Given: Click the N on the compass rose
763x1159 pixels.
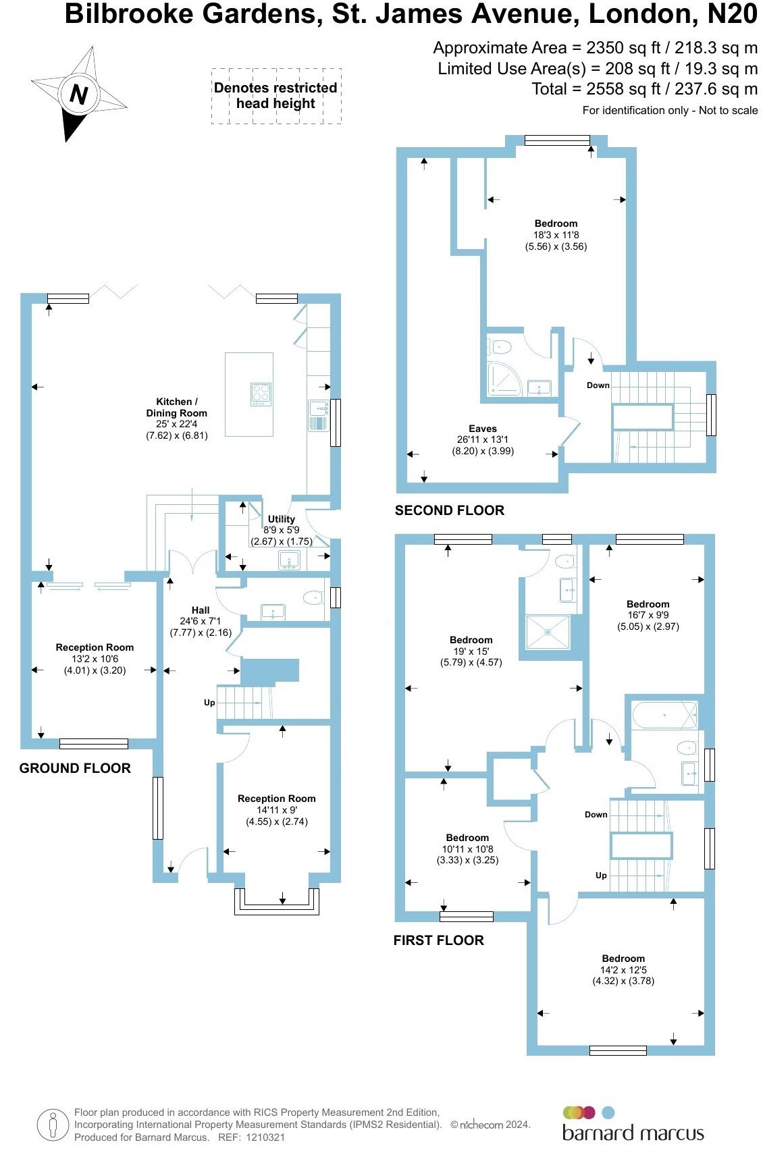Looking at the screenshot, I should (x=79, y=95).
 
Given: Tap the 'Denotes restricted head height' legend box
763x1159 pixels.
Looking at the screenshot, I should (x=275, y=96).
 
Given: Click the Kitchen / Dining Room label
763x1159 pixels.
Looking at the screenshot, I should (x=177, y=407).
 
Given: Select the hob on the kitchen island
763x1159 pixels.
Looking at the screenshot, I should (x=261, y=394).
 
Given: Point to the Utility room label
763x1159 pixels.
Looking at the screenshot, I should (x=282, y=519).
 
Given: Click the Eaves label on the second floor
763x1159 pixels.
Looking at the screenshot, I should (x=482, y=429).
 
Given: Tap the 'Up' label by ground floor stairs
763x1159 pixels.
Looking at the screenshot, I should (x=209, y=703).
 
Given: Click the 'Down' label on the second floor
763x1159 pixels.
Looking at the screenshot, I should (x=598, y=385).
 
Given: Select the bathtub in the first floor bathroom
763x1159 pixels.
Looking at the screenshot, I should (x=664, y=715).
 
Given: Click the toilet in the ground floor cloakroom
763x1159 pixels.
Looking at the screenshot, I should (x=313, y=597).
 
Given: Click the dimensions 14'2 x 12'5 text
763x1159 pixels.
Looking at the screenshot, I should (x=623, y=970).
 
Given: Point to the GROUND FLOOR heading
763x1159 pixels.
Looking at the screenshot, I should (x=75, y=768).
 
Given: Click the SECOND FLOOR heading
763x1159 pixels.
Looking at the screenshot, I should (x=450, y=511).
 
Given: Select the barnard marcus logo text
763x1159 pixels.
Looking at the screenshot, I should (x=633, y=1133).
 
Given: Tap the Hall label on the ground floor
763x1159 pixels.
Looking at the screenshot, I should (x=201, y=610).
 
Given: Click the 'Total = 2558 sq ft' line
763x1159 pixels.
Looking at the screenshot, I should (x=644, y=89).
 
